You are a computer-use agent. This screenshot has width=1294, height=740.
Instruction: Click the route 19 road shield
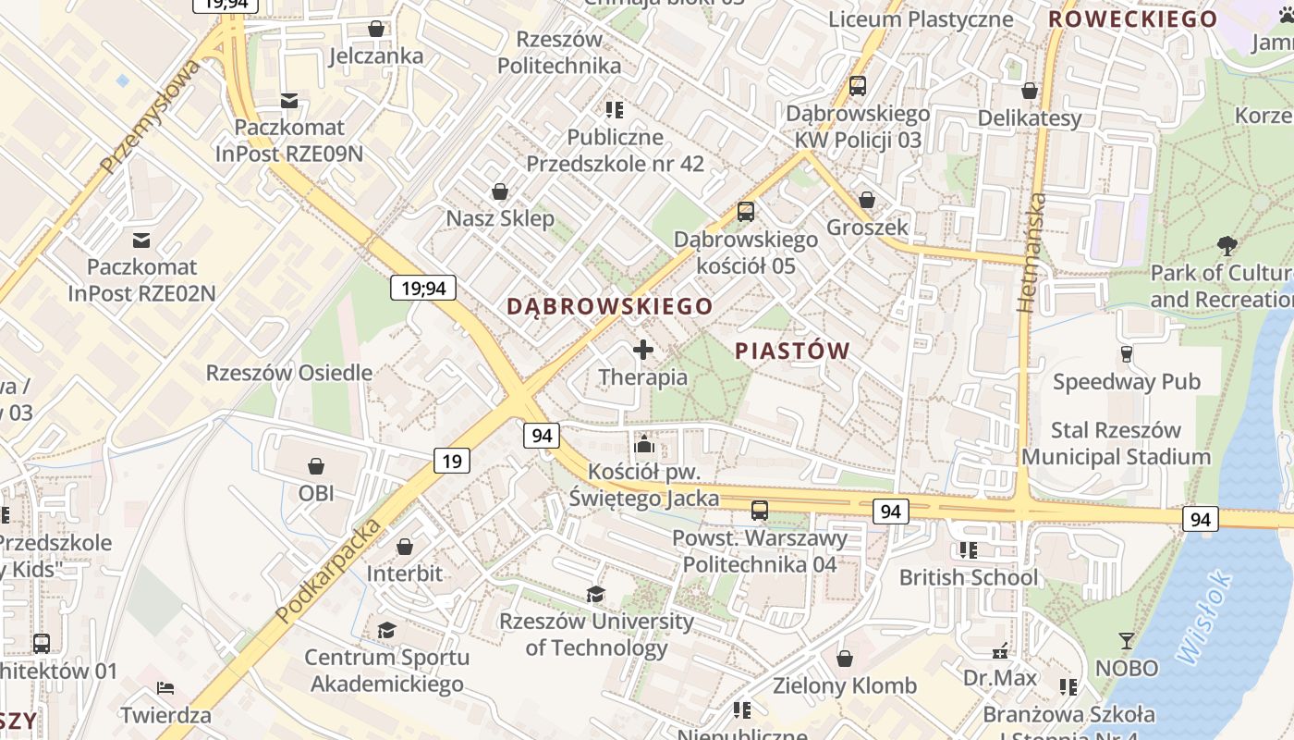coord(451,461)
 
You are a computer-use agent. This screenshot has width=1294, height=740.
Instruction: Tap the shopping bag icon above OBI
coord(316,465)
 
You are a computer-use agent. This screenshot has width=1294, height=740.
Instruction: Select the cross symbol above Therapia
coord(643,350)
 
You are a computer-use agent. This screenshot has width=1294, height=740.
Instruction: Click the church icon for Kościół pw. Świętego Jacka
coord(644,444)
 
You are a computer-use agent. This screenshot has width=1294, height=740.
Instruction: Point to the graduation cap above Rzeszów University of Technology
coord(596,594)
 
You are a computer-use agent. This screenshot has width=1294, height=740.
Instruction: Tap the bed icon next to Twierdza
coord(165,688)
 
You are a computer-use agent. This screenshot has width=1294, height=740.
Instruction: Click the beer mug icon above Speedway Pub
coord(1126,353)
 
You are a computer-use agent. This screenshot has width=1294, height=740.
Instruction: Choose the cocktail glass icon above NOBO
coord(1126,640)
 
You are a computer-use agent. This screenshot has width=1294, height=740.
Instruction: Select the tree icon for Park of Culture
coord(1227,246)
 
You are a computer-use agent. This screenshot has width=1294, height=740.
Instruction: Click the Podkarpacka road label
coord(329,571)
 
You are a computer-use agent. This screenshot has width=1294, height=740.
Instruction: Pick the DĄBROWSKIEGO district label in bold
coord(610,306)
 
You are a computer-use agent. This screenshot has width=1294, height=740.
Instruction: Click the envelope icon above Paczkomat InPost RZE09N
coord(289,100)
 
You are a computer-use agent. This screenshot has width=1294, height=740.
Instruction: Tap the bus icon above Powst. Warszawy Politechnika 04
coord(759,510)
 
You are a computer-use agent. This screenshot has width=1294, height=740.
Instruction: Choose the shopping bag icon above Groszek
coord(867,200)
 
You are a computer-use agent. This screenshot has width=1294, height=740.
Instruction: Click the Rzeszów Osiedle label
coord(289,374)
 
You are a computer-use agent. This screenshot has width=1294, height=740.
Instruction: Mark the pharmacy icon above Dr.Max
coord(999,651)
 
